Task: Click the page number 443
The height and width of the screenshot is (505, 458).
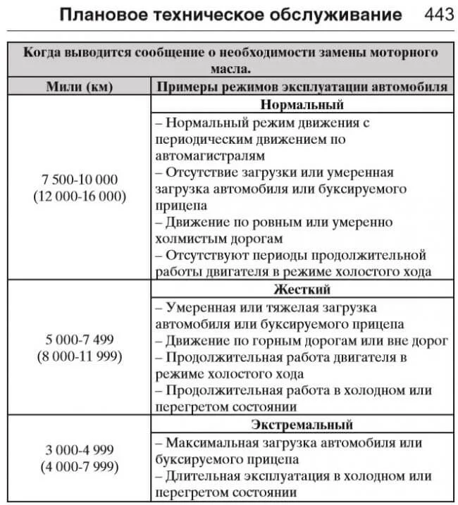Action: [x=433, y=15]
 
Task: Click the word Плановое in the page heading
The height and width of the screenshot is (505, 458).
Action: [x=102, y=15]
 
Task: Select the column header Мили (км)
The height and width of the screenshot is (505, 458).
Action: [x=80, y=87]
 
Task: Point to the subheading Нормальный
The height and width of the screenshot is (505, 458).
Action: [x=302, y=105]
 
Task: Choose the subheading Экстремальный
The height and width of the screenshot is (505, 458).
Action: [x=302, y=425]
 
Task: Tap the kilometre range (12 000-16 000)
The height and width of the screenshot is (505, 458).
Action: [x=80, y=197]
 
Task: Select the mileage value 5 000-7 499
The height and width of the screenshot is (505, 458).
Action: [x=80, y=340]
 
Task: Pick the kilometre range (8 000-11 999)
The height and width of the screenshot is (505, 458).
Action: [x=80, y=356]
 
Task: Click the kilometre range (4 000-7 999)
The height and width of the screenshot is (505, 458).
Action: [x=80, y=466]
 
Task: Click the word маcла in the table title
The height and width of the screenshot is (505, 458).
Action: [x=230, y=70]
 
